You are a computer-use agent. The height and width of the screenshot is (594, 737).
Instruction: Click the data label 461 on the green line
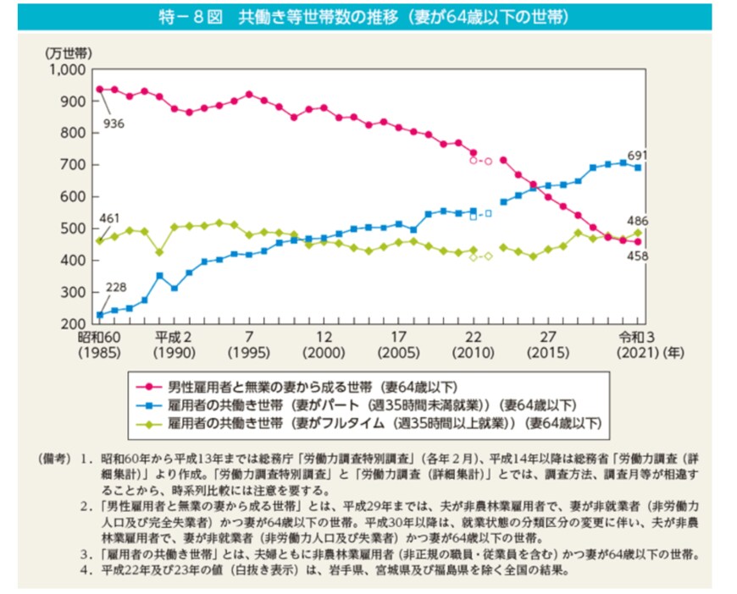point(108,219)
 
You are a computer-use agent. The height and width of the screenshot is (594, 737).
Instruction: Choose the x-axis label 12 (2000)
point(315,344)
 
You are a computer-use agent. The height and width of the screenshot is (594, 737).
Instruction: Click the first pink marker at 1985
point(99,89)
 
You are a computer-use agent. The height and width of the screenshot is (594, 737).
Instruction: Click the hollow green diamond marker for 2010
point(474,257)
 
